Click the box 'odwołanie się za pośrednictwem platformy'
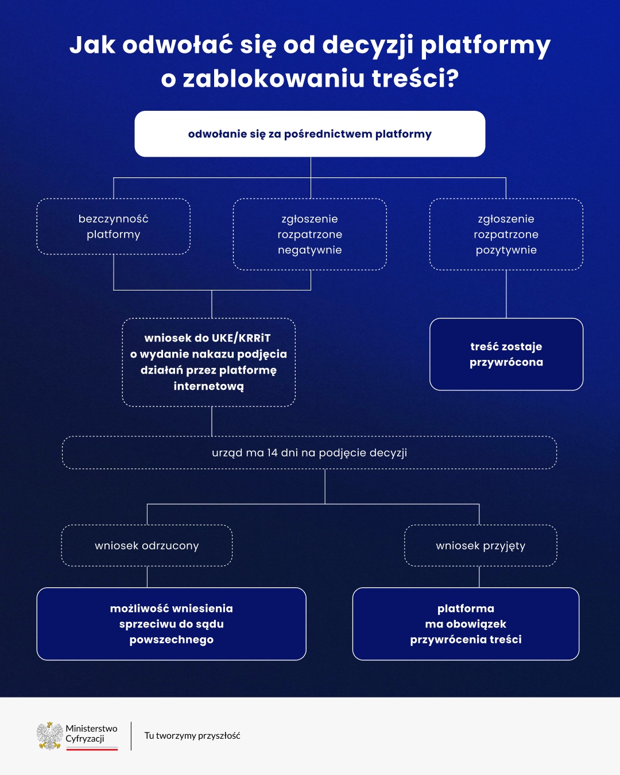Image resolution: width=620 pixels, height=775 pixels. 310,134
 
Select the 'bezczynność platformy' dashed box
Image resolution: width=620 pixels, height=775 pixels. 114,226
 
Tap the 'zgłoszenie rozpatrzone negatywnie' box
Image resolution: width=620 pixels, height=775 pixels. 310,234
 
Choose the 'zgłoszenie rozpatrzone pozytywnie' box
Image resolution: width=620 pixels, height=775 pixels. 506,234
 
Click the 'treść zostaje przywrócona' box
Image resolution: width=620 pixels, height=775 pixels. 506,354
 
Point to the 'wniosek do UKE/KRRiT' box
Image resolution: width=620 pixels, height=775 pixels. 209,362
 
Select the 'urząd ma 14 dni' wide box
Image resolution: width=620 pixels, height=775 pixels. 309,453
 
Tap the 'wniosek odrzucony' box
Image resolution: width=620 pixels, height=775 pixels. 147,545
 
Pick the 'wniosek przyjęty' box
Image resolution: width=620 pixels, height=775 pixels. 480,545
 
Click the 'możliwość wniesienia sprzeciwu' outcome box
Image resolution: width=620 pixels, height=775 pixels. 172,624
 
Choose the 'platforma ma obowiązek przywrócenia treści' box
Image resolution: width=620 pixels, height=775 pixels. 466,624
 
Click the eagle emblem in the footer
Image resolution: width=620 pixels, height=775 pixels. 50,735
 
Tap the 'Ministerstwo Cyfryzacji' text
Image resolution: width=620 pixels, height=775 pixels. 91,733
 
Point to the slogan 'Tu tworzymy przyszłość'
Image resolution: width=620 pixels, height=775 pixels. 192,735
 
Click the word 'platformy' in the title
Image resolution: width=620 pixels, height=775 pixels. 486,45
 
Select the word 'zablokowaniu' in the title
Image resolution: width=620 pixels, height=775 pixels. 274,79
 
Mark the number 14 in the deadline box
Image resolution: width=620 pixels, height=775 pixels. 273,453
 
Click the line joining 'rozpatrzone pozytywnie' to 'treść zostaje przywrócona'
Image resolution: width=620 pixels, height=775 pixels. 506,294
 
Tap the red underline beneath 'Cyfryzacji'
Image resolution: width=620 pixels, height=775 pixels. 92,749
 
